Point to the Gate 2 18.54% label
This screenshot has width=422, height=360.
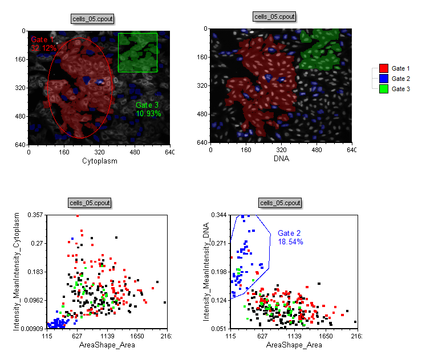pyautogui.click(x=290, y=238)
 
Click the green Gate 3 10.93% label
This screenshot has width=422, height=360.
pyautogui.click(x=148, y=109)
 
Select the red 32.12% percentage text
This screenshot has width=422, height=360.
pyautogui.click(x=44, y=48)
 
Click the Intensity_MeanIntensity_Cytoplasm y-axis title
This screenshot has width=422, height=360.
pyautogui.click(x=17, y=272)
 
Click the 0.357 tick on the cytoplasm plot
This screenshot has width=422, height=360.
pyautogui.click(x=35, y=215)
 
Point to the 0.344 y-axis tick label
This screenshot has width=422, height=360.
pyautogui.click(x=219, y=215)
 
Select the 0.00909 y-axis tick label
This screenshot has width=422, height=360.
pyautogui.click(x=31, y=329)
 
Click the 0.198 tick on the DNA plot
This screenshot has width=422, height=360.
pyautogui.click(x=219, y=272)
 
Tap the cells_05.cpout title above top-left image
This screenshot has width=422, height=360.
pyautogui.click(x=92, y=18)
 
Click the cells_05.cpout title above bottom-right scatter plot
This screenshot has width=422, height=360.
pyautogui.click(x=279, y=203)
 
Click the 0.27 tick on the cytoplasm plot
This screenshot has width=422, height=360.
pyautogui.click(x=38, y=243)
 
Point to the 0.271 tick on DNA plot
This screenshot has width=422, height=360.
pyautogui.click(x=219, y=243)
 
